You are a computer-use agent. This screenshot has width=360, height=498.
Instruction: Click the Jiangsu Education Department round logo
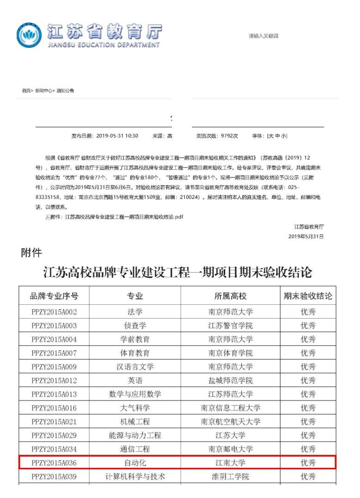(x=29, y=35)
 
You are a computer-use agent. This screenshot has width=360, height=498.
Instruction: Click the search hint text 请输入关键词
(x=264, y=36)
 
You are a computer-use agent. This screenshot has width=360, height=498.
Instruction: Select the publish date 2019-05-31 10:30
(x=117, y=136)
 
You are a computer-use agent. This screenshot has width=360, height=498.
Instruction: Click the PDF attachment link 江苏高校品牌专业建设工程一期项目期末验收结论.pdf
(x=124, y=217)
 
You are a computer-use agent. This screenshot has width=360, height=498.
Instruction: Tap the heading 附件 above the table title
(x=32, y=253)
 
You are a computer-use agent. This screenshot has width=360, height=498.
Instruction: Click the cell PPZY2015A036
(x=54, y=462)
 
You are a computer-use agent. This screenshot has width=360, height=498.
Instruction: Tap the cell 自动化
(x=135, y=462)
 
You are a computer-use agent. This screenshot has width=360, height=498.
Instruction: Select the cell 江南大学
(x=230, y=462)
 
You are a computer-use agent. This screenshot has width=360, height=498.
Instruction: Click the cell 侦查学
(x=135, y=325)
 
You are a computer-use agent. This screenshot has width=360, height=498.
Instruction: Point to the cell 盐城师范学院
(x=230, y=380)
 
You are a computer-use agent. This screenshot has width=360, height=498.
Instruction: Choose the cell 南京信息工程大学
(x=230, y=408)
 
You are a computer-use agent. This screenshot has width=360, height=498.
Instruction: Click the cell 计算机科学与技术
(x=135, y=476)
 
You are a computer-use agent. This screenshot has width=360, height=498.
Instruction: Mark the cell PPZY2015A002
(x=54, y=312)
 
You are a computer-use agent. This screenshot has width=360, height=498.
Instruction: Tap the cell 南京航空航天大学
(x=230, y=421)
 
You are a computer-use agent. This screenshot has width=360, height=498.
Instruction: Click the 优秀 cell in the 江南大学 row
(x=308, y=462)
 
